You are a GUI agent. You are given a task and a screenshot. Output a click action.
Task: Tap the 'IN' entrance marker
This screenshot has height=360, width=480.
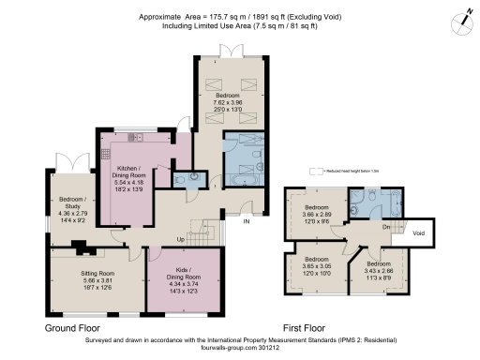coord(247,222)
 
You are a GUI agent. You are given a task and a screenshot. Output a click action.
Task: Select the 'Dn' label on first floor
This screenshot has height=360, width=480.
coord(385,226)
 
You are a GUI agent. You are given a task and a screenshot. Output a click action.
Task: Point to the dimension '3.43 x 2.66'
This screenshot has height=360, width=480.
coord(380,271)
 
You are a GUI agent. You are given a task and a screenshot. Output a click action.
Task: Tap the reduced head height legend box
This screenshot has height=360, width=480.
coord(317,172)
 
